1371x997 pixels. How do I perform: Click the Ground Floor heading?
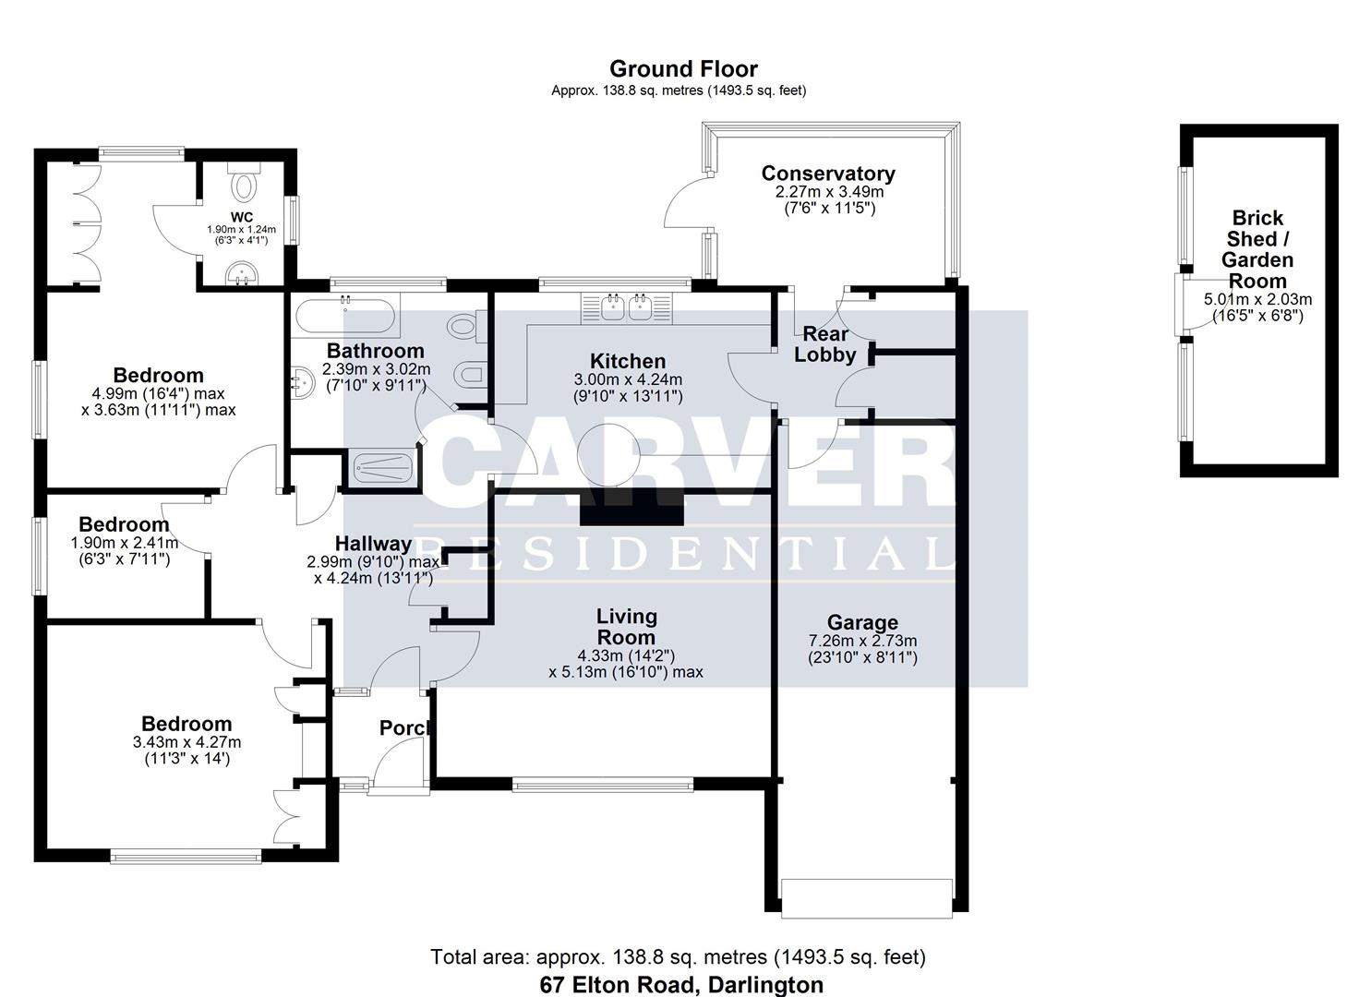683,69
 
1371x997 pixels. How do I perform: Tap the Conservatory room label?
827,174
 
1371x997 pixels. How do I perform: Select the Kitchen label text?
628,361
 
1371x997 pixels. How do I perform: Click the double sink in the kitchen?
628,307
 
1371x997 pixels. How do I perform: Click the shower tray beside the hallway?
380,467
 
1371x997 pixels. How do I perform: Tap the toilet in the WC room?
244,184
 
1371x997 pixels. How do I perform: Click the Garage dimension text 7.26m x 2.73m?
862,641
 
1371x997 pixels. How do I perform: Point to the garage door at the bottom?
866,897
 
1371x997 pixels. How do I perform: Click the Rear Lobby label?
824,343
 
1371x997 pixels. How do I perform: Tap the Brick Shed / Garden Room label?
1257,249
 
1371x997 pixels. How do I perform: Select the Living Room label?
626,627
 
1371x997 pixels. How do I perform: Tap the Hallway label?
373,544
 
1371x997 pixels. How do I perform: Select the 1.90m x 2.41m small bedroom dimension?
125,543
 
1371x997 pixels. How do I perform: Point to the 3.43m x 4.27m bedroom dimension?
186,742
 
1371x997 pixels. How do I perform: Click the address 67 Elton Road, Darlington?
681,984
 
